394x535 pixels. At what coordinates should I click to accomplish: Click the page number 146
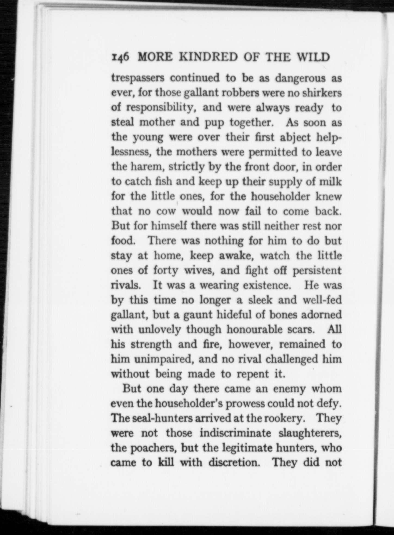(120, 57)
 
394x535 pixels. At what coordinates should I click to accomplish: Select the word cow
(166, 211)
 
